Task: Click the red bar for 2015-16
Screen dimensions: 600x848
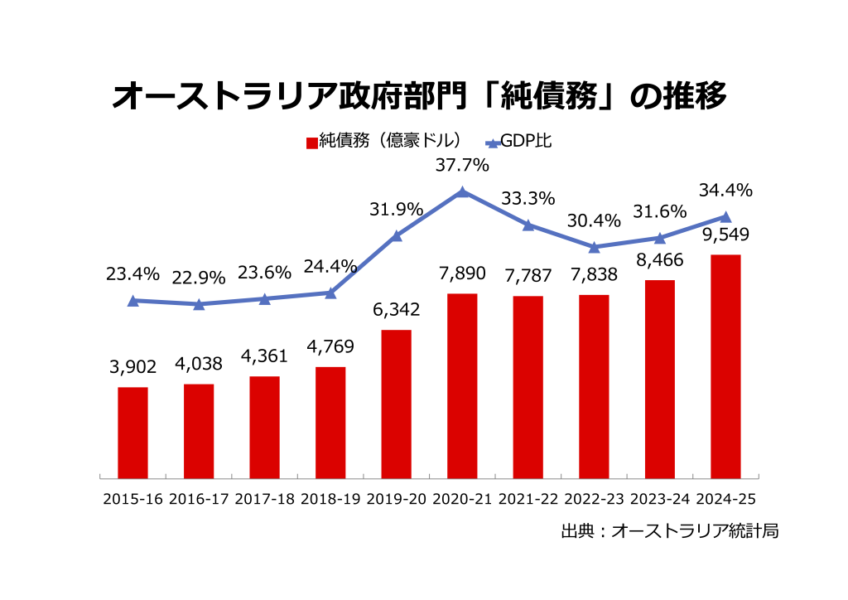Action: click(132, 433)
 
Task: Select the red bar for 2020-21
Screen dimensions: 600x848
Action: click(462, 385)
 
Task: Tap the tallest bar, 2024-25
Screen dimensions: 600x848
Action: click(725, 366)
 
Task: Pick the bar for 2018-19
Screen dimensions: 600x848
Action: click(330, 423)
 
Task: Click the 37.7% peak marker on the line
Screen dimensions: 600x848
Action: click(462, 192)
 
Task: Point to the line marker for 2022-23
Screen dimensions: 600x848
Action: click(594, 247)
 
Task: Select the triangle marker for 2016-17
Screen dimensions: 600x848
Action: click(199, 304)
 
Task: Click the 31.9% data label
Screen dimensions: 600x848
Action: click(396, 209)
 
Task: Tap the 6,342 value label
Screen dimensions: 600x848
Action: click(396, 310)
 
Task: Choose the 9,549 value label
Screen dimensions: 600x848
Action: click(725, 235)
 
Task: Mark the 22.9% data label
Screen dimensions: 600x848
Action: click(199, 278)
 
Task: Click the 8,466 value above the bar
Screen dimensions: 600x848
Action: click(659, 261)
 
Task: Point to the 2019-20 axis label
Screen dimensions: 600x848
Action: click(396, 500)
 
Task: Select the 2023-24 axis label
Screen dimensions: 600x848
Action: click(659, 500)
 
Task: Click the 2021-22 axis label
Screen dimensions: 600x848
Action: click(528, 500)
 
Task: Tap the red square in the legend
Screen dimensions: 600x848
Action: click(311, 142)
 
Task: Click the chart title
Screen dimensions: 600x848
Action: click(419, 95)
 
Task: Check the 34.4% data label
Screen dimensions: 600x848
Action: click(725, 190)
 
